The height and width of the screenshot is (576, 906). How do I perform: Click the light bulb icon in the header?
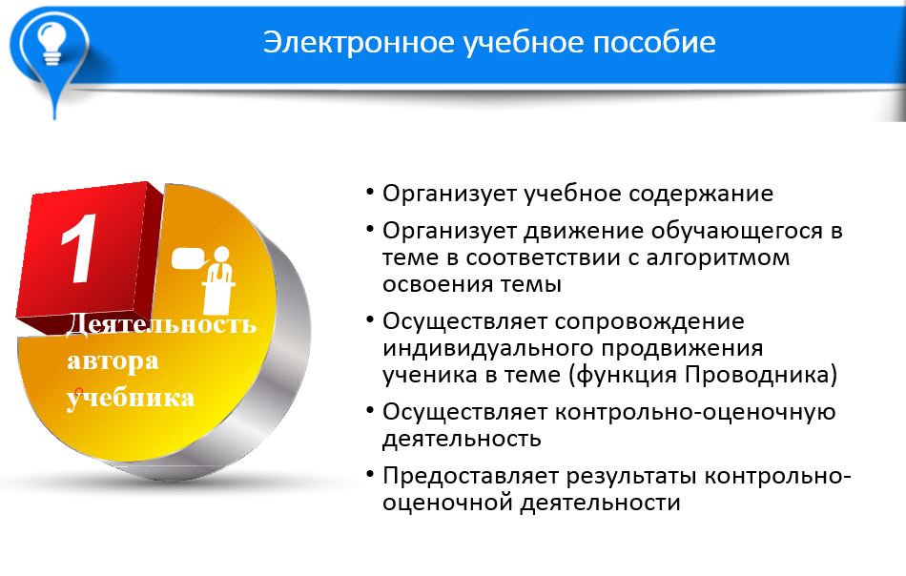click(x=51, y=42)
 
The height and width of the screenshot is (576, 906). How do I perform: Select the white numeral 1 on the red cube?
click(x=79, y=249)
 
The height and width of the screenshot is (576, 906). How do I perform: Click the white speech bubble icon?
click(x=190, y=258)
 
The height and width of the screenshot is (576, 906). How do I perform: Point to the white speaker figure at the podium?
click(x=219, y=279)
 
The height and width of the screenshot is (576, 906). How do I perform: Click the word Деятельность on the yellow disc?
click(x=162, y=323)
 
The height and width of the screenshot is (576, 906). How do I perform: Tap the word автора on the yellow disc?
click(x=113, y=361)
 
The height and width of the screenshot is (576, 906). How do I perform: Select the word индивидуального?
click(x=486, y=348)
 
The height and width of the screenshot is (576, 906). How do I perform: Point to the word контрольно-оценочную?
click(x=695, y=413)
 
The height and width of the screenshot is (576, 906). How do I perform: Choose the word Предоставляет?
click(x=471, y=477)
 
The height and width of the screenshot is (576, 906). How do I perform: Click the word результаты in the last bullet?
click(x=632, y=477)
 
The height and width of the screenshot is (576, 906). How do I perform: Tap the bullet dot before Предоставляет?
click(x=370, y=474)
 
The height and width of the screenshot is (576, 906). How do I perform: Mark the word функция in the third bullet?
click(x=624, y=376)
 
